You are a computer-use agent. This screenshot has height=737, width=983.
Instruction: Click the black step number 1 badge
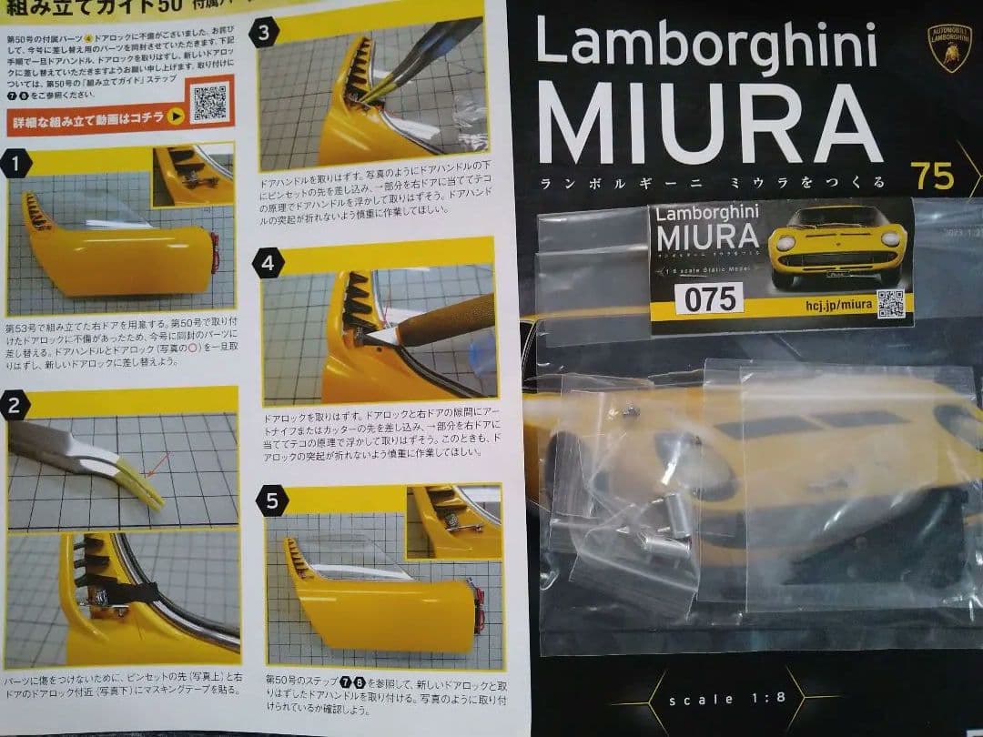coord(15,164)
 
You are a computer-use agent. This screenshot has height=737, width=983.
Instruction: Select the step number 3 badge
coord(263,35)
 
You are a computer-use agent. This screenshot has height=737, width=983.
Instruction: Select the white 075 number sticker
coord(709,298)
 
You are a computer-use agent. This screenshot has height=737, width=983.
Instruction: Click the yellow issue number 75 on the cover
coord(931,176)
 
